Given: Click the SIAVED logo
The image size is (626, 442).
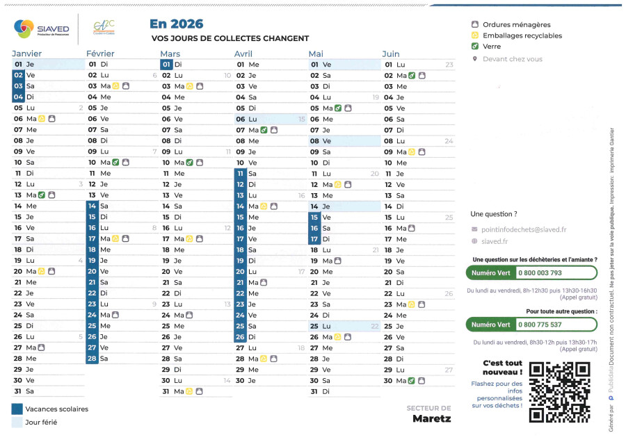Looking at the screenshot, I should [x=42, y=29].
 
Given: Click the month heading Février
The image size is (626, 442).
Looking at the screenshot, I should [x=100, y=54].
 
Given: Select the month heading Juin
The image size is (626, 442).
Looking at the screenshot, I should [x=391, y=54].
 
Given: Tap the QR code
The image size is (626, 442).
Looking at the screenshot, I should [x=559, y=392].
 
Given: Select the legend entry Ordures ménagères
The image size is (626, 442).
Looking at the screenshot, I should [x=516, y=25].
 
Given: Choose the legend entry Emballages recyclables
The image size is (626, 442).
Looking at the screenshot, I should [x=522, y=35].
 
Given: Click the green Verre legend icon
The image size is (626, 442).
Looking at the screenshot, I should [x=475, y=47].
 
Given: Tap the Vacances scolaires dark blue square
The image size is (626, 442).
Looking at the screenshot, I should [x=17, y=409].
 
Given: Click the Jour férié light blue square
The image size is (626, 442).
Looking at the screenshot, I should [x=17, y=422].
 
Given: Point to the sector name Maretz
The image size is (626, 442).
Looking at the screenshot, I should [x=431, y=418].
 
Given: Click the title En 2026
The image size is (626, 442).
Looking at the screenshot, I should [x=177, y=24].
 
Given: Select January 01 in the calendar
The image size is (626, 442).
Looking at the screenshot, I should [x=19, y=65].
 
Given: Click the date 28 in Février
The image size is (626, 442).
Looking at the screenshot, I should [x=92, y=359].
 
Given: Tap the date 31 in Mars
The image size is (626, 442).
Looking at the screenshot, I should [x=166, y=391].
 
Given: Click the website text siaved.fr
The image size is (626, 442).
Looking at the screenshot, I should [x=495, y=242].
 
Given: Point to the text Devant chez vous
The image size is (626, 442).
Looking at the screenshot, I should [x=512, y=59].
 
